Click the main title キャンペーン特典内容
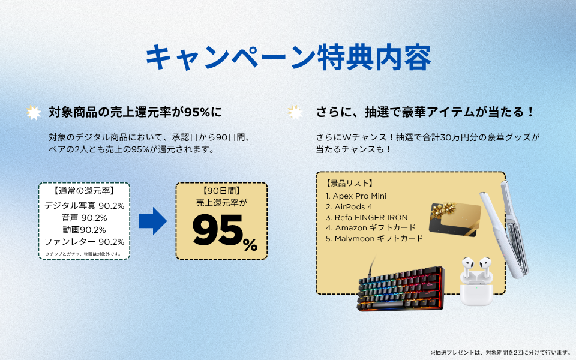click(288, 58)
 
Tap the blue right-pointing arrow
click(153, 221)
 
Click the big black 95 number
click(217, 230)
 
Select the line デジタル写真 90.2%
click(85, 206)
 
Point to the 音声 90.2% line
click(85, 218)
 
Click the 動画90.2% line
click(85, 230)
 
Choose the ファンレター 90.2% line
click(85, 242)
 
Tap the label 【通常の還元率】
click(85, 191)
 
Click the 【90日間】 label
click(221, 191)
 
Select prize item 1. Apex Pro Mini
click(356, 196)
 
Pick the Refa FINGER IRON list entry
click(367, 217)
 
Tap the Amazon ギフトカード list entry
click(371, 228)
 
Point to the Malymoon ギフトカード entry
click(374, 239)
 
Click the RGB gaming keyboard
click(401, 288)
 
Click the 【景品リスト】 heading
click(349, 183)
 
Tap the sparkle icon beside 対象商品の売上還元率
click(34, 113)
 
